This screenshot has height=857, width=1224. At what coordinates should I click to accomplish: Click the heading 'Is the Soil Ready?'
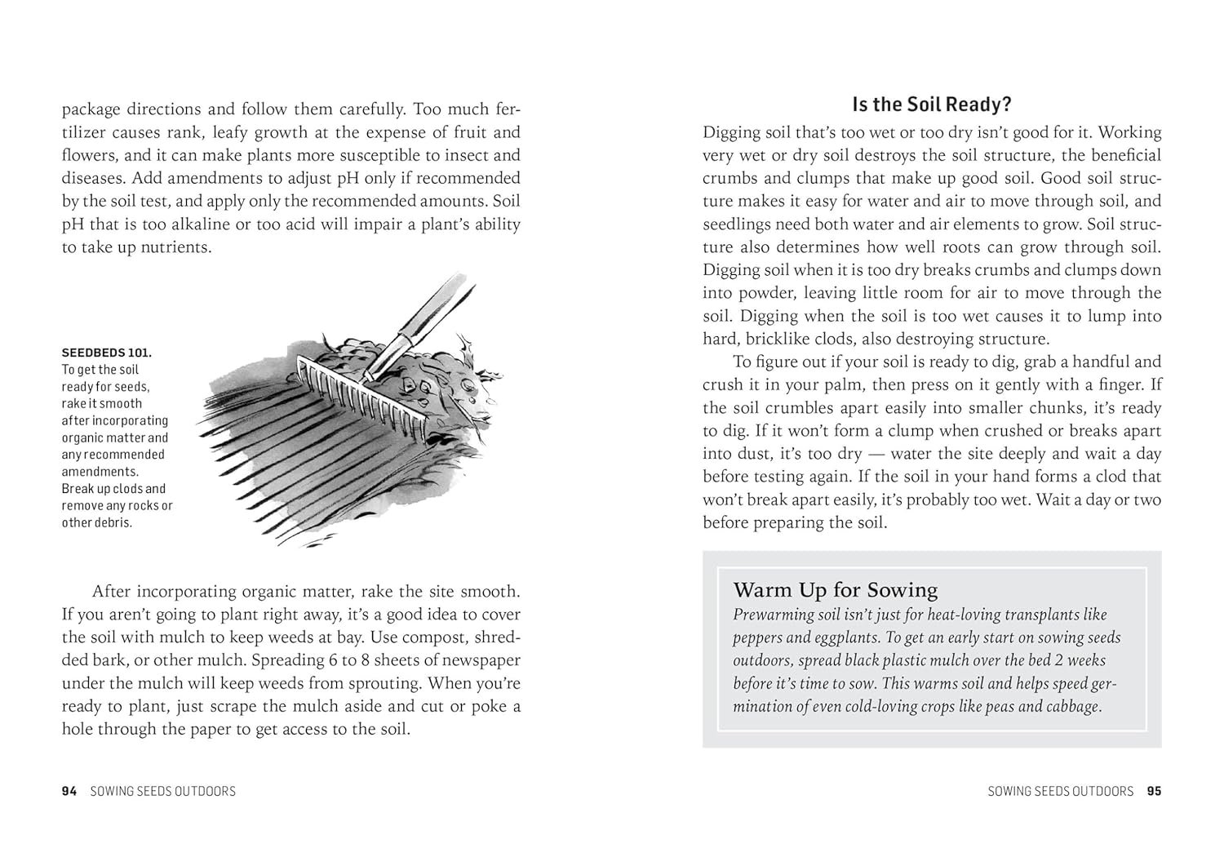pos(932,104)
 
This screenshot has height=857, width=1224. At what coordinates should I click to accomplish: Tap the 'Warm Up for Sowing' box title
pos(836,590)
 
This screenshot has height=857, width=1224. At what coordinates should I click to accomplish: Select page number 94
pos(69,791)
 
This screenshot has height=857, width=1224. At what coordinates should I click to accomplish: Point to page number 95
pos(1154,791)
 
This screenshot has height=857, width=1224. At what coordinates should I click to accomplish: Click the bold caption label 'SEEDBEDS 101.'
pos(107,353)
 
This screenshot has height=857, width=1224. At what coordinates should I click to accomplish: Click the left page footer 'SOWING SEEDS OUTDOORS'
pos(163,791)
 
